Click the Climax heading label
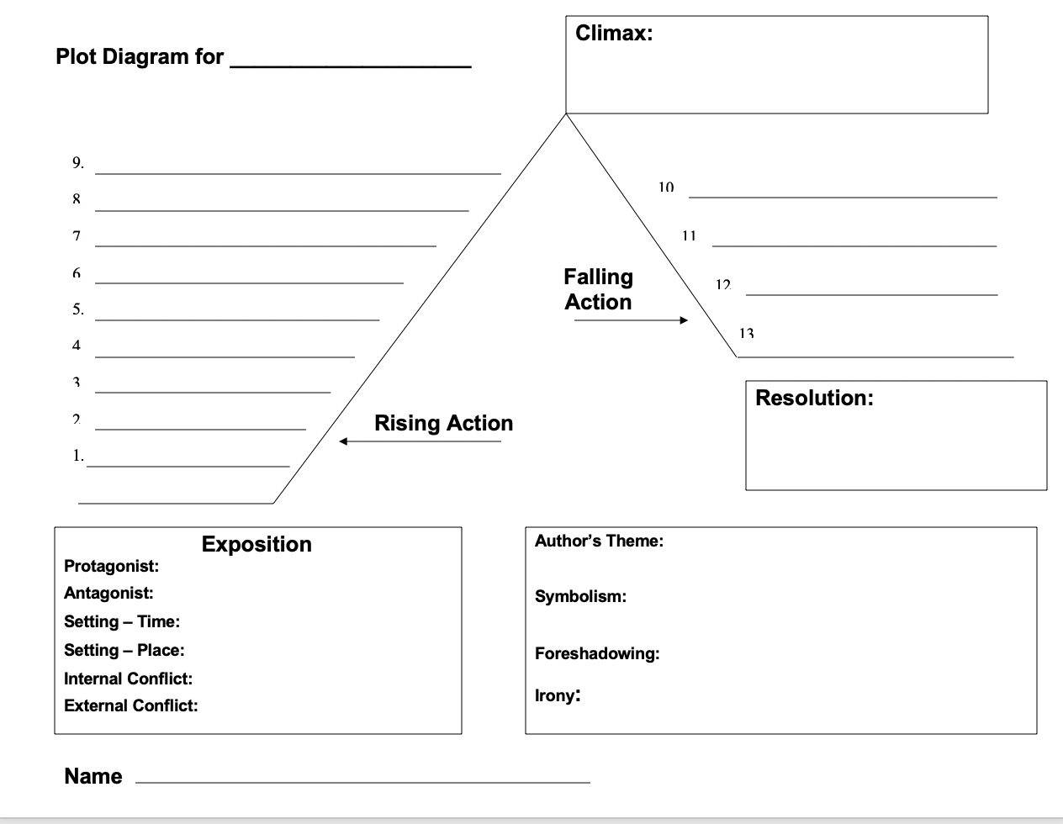coord(614,34)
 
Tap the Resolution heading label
coord(814,398)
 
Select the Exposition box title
coord(256,544)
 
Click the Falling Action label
coord(598,289)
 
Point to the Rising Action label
coord(443,423)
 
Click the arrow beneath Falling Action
coord(631,320)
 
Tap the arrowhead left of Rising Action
coord(344,441)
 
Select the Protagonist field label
coord(111,566)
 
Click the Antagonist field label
coord(108,593)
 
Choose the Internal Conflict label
coord(128,679)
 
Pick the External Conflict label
coord(130,705)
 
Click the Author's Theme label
coord(599,541)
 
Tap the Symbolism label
coord(580,596)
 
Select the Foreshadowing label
coord(597,653)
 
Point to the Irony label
coord(557,695)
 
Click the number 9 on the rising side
coord(77,163)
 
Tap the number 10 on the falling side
coord(666,187)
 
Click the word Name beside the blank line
coord(93,776)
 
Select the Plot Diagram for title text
coord(140,57)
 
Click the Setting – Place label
coord(124,650)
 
